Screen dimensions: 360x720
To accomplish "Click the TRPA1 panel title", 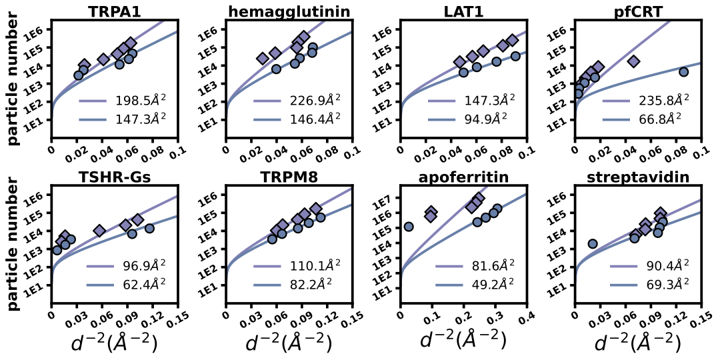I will [116, 11].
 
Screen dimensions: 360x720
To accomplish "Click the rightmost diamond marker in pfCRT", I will [634, 61].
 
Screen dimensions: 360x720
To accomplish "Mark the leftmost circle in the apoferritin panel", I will [409, 227].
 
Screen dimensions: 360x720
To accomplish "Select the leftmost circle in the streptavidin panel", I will [593, 244].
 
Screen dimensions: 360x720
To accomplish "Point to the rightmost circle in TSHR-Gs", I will [149, 229].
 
